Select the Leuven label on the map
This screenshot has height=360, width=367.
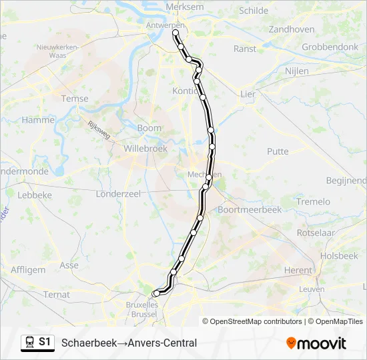[x=311, y=289]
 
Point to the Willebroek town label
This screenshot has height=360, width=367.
[x=145, y=149]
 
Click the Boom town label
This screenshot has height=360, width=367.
[x=149, y=128]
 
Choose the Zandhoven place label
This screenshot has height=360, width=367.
[x=291, y=29]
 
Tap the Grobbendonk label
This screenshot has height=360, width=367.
[x=330, y=47]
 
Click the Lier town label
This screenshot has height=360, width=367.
[x=248, y=94]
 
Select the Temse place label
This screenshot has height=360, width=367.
[x=74, y=99]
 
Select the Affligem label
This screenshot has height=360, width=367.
[x=28, y=270]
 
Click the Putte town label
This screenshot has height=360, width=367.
[x=278, y=151]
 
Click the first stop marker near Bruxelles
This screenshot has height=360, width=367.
[x=156, y=293]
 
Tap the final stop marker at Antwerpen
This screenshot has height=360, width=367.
[x=175, y=32]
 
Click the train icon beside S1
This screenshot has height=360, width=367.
[x=30, y=343]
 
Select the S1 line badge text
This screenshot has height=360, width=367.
[x=45, y=342]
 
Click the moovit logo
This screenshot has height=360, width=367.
[x=316, y=343]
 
